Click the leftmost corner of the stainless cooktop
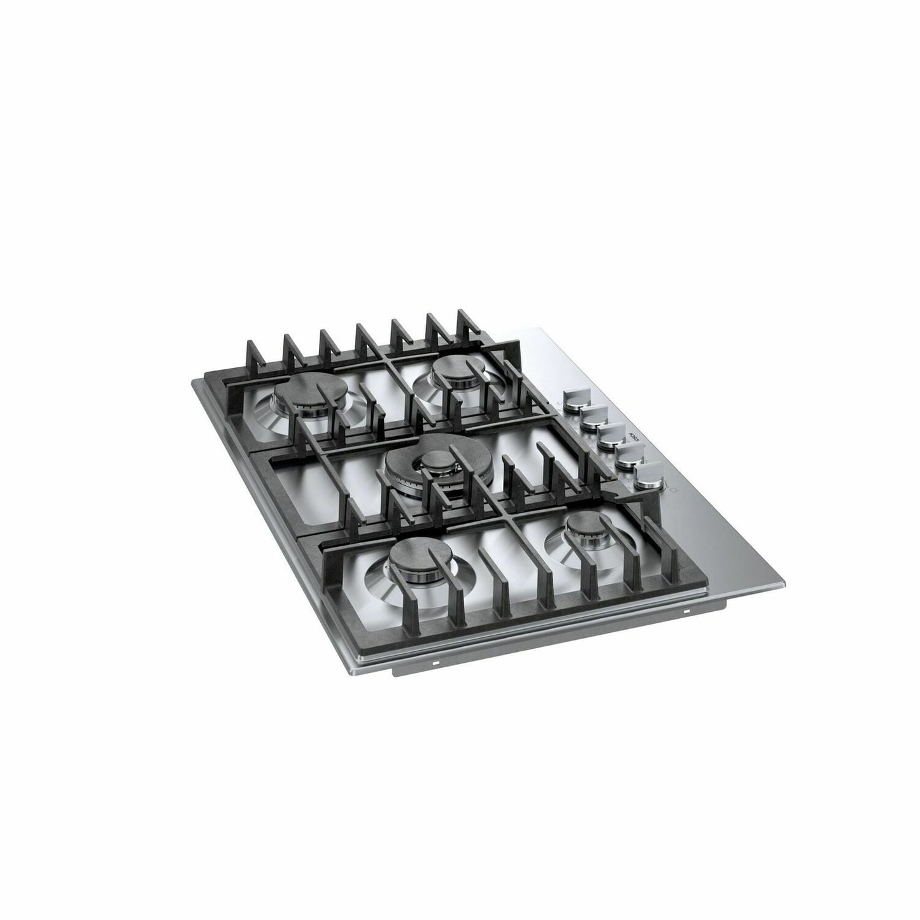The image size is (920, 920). [193, 384]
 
